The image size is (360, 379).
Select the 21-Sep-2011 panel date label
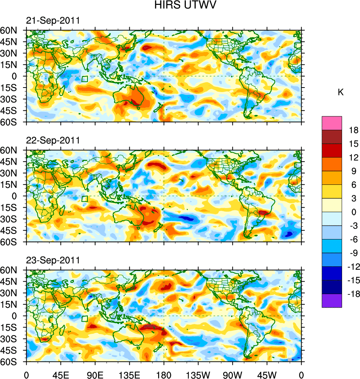pos(53,21)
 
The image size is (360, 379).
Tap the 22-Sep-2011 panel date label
pos(53,140)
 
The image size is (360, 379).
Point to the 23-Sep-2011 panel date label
pos(53,260)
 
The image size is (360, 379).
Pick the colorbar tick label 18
pos(353,130)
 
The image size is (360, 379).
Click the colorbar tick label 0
pos(353,212)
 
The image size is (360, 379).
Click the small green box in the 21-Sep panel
pos(85,79)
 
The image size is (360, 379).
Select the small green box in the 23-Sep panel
pos(85,318)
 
